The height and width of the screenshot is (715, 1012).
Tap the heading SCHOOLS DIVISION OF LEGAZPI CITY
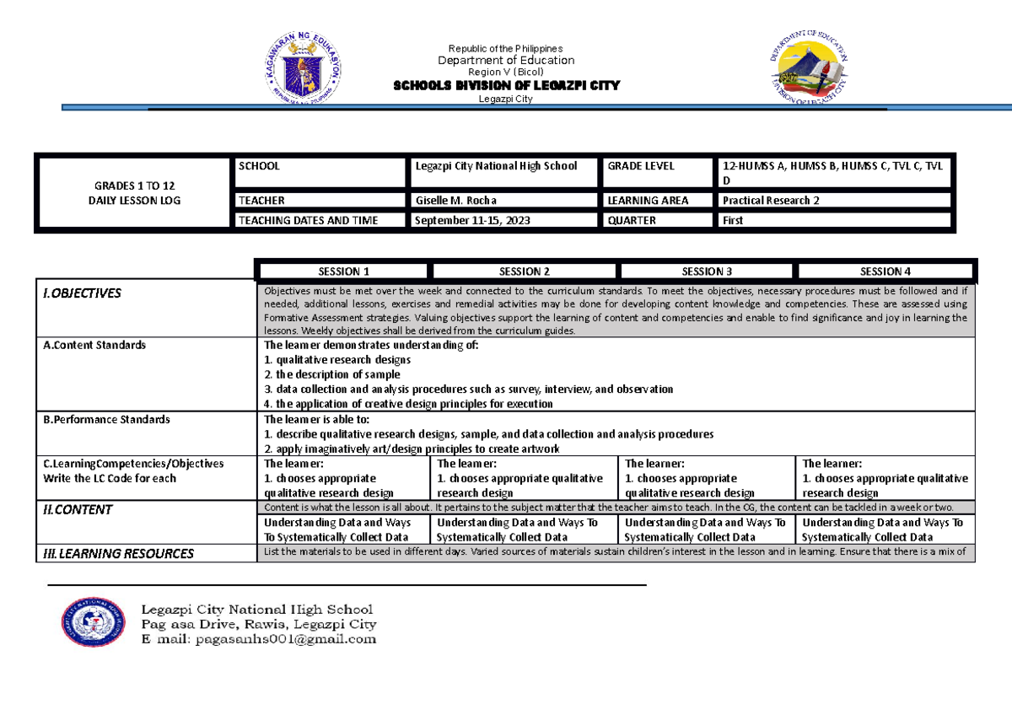[x=506, y=85]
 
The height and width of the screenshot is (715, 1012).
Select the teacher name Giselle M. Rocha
[x=455, y=201]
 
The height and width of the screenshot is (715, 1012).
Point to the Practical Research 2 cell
[x=771, y=201]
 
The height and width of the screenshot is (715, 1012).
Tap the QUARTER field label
[x=632, y=221]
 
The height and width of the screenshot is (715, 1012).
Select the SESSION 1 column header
[x=343, y=271]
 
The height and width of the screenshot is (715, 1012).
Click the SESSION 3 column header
[x=707, y=271]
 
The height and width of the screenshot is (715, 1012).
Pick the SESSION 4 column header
[x=885, y=271]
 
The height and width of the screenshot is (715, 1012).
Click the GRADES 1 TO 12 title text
[x=136, y=185]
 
